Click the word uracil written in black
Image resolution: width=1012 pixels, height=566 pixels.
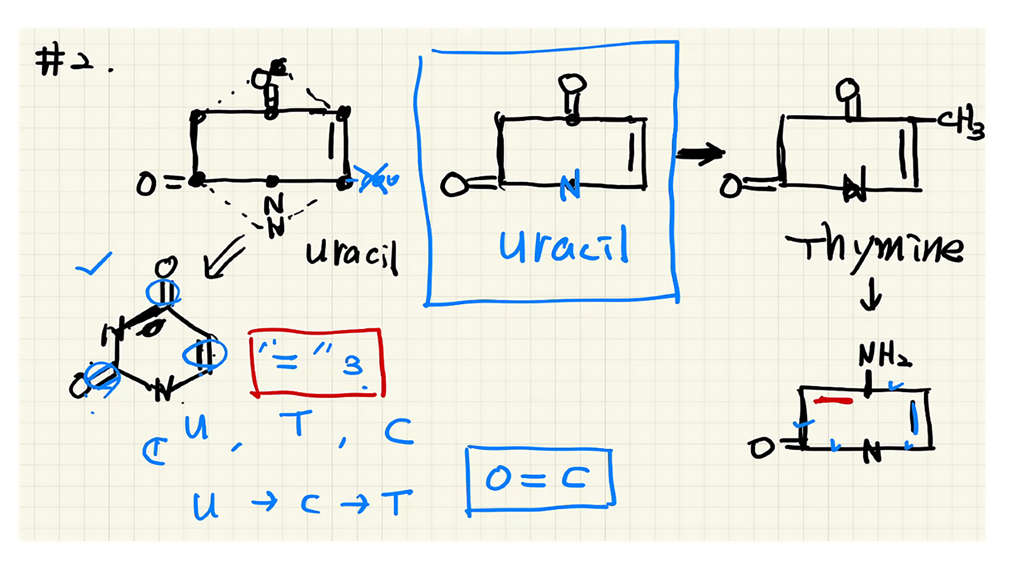[x=351, y=255]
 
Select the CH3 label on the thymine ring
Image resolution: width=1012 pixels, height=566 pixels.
[x=962, y=121]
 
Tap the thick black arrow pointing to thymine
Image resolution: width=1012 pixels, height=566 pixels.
[x=700, y=153]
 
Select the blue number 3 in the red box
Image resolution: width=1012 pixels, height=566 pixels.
[x=352, y=366]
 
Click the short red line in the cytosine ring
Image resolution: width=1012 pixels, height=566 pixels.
[x=833, y=401]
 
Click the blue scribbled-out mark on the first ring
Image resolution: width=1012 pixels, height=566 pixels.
[x=375, y=179]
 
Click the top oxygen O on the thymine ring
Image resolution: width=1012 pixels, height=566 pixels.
[x=847, y=90]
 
